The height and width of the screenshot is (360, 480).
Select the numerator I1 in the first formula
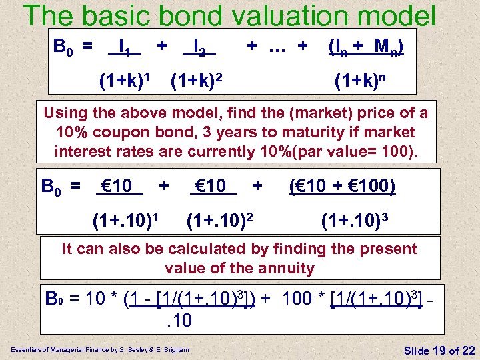(125, 47)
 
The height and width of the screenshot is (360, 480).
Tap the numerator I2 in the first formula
(199, 47)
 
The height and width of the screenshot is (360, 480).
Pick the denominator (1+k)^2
(196, 83)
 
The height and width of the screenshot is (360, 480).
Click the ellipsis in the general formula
(277, 46)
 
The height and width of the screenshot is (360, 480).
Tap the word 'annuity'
(287, 268)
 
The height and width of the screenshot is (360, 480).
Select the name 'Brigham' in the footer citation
(175, 349)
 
